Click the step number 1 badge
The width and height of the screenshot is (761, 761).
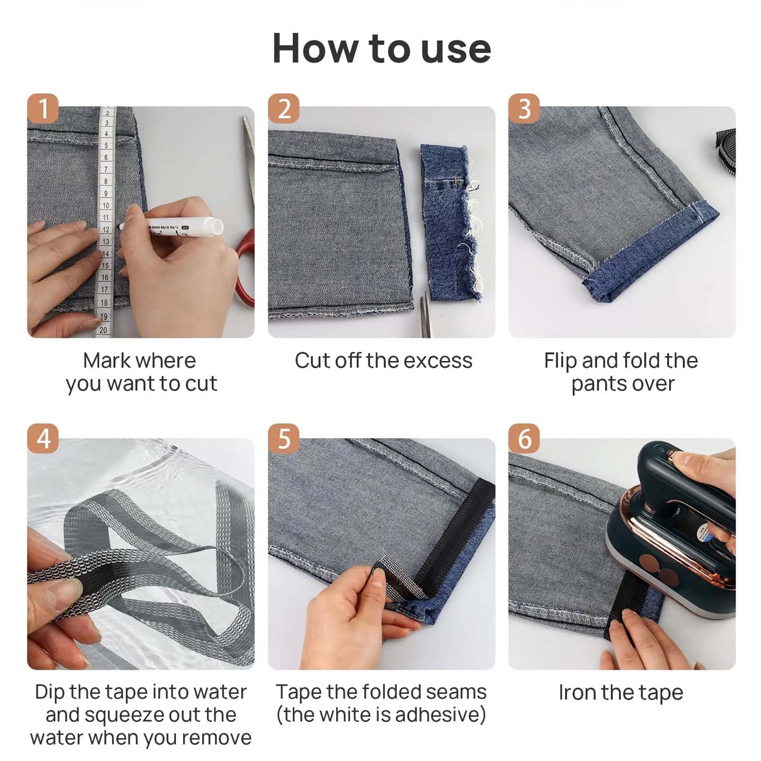(x=43, y=108)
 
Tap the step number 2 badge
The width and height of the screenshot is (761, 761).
(x=284, y=108)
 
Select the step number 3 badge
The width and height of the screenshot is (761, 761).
(x=524, y=108)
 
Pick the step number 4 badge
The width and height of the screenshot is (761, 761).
(x=43, y=439)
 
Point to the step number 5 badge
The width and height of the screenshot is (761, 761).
(x=284, y=439)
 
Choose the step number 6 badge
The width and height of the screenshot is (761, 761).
(x=524, y=439)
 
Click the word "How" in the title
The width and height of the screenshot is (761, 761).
(x=314, y=48)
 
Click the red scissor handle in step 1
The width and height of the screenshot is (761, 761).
(x=245, y=268)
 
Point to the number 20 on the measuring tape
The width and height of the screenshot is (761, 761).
(x=103, y=330)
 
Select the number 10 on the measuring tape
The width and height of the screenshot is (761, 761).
(x=105, y=205)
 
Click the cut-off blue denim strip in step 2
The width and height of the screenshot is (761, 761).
(x=450, y=223)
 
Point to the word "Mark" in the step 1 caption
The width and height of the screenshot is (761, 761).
(x=107, y=360)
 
